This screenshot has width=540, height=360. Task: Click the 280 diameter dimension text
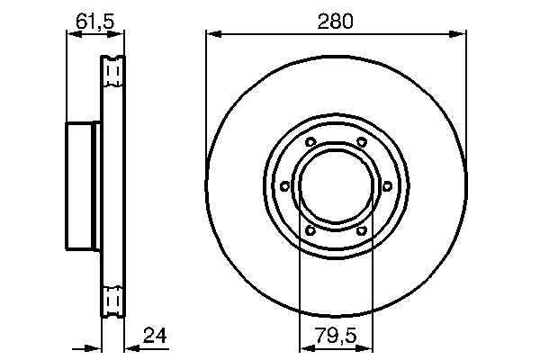pyautogui.click(x=336, y=19)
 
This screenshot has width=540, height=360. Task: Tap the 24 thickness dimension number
pyautogui.click(x=156, y=337)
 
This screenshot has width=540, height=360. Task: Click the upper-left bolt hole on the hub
pyautogui.click(x=310, y=142)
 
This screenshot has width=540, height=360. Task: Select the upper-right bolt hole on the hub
pyautogui.click(x=361, y=142)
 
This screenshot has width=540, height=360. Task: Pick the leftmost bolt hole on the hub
pyautogui.click(x=284, y=186)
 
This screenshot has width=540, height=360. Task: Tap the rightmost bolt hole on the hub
pyautogui.click(x=386, y=186)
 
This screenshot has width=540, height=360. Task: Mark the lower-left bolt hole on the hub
pyautogui.click(x=310, y=230)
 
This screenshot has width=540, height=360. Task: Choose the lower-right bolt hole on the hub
pyautogui.click(x=361, y=230)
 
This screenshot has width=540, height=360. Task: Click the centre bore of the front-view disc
pyautogui.click(x=335, y=186)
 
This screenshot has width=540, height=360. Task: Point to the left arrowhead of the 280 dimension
pyautogui.click(x=212, y=35)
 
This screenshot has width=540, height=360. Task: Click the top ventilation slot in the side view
pyautogui.click(x=113, y=71)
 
